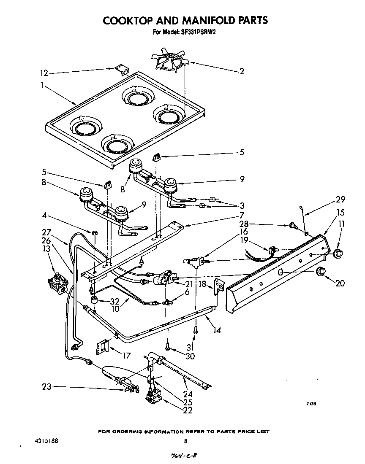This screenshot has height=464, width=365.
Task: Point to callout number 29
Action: (x=340, y=199)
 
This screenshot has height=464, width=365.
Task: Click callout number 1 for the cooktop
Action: (x=42, y=85)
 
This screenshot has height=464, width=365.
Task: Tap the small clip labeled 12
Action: (x=123, y=70)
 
